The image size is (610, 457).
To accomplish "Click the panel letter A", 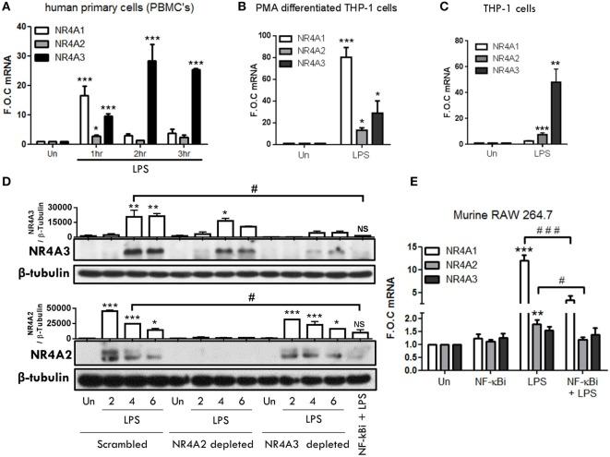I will (x=8, y=8).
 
